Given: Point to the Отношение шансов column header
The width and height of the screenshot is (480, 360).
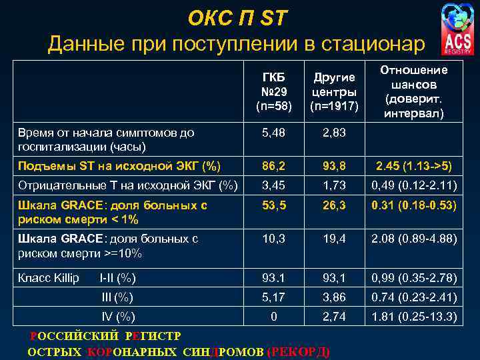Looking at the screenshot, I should pyautogui.click(x=414, y=91).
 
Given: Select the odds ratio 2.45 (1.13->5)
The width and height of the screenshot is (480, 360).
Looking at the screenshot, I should pyautogui.click(x=414, y=166).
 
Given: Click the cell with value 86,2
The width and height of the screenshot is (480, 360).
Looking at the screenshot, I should pyautogui.click(x=274, y=166).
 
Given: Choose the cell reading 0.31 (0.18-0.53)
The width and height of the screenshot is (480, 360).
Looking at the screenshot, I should pyautogui.click(x=414, y=205).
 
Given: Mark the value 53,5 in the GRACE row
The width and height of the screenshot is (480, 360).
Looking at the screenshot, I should pyautogui.click(x=274, y=205).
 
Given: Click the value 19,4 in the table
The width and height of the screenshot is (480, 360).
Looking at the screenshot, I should pyautogui.click(x=334, y=238).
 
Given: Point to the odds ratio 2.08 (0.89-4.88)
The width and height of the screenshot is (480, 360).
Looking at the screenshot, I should pyautogui.click(x=414, y=238).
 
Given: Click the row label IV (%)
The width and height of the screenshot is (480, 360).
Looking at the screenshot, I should pyautogui.click(x=117, y=316).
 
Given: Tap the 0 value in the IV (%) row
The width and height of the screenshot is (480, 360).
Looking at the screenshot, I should pyautogui.click(x=274, y=316).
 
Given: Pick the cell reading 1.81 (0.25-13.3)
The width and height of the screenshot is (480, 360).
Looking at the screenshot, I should pyautogui.click(x=414, y=316).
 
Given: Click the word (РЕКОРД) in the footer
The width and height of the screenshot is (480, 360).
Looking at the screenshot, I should pyautogui.click(x=297, y=352).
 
